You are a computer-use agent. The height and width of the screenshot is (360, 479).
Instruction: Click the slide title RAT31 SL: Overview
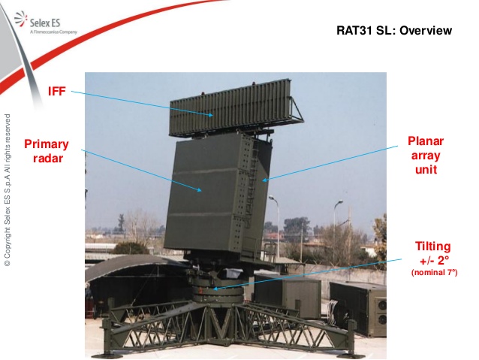(x=394, y=31)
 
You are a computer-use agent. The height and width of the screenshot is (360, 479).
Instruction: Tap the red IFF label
(x=57, y=91)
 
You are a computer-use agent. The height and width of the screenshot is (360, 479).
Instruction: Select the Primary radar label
(x=47, y=151)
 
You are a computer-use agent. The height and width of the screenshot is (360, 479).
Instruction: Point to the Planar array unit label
(x=426, y=155)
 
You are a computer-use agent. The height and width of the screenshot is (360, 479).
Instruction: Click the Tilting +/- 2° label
(x=433, y=253)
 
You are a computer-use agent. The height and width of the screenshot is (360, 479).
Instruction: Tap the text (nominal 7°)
(x=435, y=272)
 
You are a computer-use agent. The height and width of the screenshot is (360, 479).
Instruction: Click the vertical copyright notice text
(x=8, y=189)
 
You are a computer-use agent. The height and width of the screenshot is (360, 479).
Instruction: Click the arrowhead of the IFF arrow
(x=211, y=115)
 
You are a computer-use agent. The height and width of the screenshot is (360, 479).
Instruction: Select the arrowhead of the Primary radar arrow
(x=199, y=190)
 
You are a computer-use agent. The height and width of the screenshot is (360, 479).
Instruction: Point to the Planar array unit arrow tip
(x=264, y=180)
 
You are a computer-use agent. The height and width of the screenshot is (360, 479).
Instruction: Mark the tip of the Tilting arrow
(x=214, y=289)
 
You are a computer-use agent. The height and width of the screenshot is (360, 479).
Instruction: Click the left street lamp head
(x=272, y=198)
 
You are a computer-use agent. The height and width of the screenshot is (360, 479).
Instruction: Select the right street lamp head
(x=339, y=202)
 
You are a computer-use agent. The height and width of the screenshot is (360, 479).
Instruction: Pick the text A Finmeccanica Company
(x=53, y=32)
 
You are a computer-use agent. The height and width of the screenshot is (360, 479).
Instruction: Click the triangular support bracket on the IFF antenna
(x=297, y=110)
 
